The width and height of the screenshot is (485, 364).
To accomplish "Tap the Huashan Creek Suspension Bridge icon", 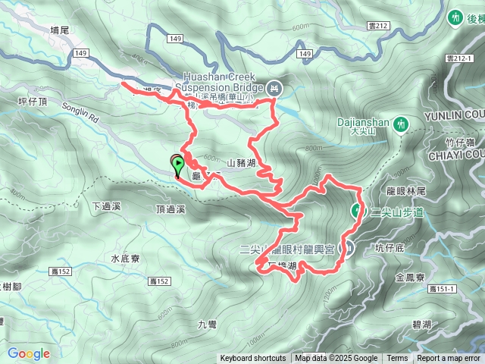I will pos(274,89).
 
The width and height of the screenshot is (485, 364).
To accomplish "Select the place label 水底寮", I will pos(124,259).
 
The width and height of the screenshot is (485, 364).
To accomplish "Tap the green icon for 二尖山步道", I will pos(355,210).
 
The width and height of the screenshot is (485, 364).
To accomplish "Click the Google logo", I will pos(28,353).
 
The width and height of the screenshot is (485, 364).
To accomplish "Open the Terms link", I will pos(397,359).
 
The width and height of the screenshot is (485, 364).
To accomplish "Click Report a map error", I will pos(449,359).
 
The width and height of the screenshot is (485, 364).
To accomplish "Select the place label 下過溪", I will pos(106,206).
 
